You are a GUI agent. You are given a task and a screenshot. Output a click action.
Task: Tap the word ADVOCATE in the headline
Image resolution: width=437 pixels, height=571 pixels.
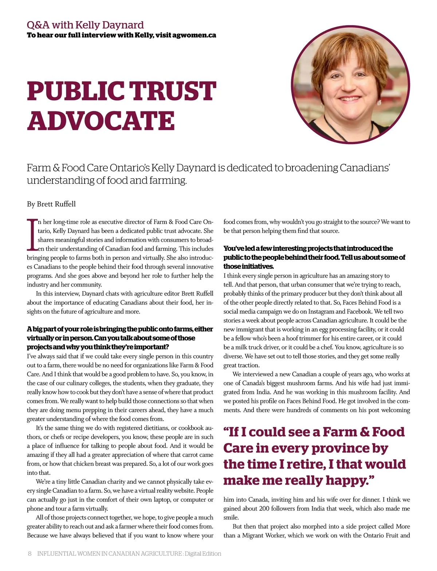(101, 121)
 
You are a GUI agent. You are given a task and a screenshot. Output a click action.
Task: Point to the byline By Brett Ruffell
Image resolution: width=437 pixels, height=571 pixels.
(51, 204)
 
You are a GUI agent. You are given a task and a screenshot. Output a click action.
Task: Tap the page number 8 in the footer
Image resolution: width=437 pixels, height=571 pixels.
(30, 554)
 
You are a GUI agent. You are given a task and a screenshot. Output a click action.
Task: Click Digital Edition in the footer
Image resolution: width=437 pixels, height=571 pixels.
(203, 554)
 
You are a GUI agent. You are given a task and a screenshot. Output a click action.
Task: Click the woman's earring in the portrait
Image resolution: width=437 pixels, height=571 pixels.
(380, 102)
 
